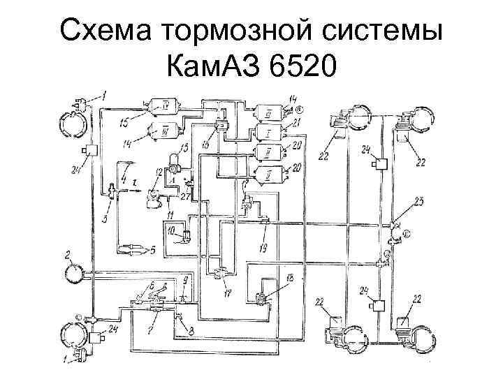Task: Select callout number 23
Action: [418, 202]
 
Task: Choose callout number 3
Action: [105, 218]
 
